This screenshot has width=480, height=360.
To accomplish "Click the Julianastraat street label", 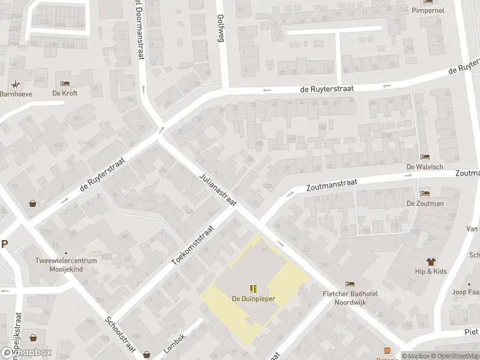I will click(217, 190).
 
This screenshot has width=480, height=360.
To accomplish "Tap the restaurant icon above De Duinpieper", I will click(253, 289).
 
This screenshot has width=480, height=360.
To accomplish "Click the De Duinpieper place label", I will click(253, 298).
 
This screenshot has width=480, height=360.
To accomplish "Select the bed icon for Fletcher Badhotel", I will click(350, 283).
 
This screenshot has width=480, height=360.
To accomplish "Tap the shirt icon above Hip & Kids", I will click(431, 262).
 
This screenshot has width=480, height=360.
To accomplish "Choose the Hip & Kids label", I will click(431, 271).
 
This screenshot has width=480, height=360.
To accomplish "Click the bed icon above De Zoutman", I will click(425, 193).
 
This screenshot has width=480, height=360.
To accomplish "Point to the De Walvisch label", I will click(425, 166).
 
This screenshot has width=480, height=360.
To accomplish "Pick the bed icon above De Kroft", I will click(65, 83).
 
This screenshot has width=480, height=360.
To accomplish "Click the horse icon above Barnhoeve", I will click(16, 84).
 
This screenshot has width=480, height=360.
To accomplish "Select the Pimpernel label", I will click(427, 10).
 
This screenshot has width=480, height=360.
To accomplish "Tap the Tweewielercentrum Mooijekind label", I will click(65, 266).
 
